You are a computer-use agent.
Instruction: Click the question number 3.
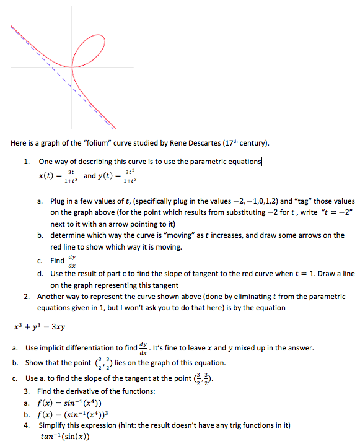[27, 391]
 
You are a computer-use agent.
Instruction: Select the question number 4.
[27, 425]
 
